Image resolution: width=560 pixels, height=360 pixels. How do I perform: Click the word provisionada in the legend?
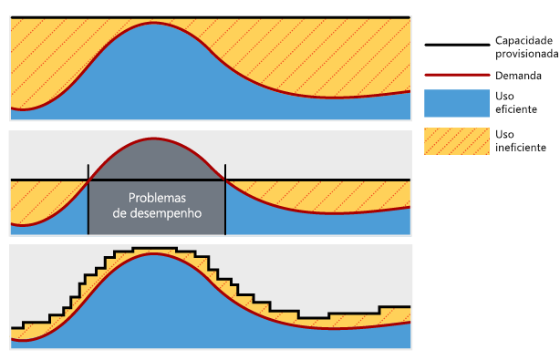click(x=526, y=54)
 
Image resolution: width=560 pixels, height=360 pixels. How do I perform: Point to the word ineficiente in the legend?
click(x=521, y=147)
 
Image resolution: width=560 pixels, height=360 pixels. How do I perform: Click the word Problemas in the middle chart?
click(x=157, y=198)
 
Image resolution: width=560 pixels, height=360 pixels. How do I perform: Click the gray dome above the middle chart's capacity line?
click(x=156, y=159)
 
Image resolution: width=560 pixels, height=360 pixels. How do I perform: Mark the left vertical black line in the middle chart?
click(x=88, y=201)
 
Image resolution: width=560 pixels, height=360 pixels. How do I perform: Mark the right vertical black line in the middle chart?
click(x=225, y=201)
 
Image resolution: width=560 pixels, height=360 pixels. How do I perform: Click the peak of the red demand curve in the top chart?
click(x=156, y=23)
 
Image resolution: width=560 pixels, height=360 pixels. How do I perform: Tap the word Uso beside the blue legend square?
click(x=503, y=96)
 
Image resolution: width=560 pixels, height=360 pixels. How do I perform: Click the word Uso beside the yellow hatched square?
click(x=503, y=134)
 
